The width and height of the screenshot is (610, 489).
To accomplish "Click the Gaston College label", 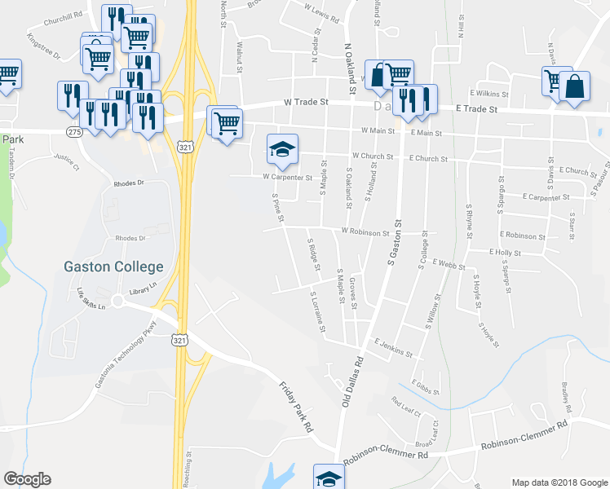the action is [x=114, y=267].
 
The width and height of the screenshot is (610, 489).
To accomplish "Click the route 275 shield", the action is [x=74, y=131].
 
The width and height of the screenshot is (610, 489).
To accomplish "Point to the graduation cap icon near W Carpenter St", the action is [x=282, y=150].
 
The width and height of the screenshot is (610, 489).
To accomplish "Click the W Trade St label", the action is [x=305, y=103].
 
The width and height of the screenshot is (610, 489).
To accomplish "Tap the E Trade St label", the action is [x=476, y=108].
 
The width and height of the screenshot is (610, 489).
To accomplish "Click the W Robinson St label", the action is [x=365, y=232].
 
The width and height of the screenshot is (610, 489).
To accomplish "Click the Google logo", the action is [x=27, y=479].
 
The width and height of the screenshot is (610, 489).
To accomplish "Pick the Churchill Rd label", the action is [x=64, y=15].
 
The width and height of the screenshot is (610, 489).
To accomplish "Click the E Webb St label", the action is [x=447, y=265].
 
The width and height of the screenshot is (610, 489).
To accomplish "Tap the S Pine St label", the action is [x=277, y=206].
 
